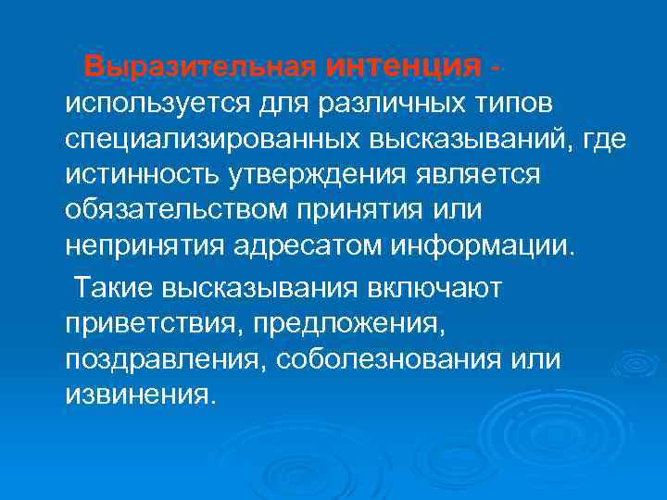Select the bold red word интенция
404,66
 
